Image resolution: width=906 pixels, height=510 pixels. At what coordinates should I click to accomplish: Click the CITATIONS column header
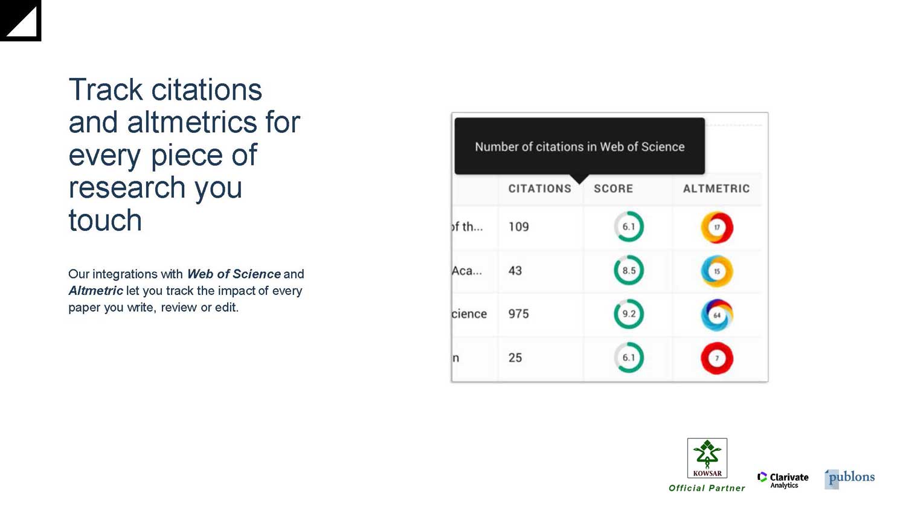pos(539,189)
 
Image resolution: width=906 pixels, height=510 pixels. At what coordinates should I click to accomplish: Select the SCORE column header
pos(613,189)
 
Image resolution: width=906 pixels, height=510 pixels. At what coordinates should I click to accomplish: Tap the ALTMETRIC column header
pos(716,189)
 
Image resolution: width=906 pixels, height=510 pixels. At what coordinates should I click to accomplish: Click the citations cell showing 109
pos(518,227)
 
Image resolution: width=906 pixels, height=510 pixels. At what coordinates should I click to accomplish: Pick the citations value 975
pos(518,314)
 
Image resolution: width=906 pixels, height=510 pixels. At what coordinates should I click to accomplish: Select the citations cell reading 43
pos(515,270)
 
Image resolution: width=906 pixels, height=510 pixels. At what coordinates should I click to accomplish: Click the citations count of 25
pos(515,357)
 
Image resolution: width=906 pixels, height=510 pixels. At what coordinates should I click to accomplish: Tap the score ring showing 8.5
pos(629,256)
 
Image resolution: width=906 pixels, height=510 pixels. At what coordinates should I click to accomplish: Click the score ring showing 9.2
pos(629,300)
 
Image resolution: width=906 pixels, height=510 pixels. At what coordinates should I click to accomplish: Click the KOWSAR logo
pos(707,458)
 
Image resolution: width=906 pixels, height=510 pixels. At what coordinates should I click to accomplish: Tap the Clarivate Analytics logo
pos(783,480)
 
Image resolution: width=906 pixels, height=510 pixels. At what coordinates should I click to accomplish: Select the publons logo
pos(849,479)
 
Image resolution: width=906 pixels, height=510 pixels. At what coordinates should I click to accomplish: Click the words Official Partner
pos(707,488)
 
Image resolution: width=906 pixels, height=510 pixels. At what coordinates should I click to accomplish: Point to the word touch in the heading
pos(105,220)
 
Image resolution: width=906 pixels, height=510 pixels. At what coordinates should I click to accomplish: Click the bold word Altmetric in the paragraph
pos(96,291)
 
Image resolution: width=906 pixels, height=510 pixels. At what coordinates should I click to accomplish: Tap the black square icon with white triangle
pos(21,21)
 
